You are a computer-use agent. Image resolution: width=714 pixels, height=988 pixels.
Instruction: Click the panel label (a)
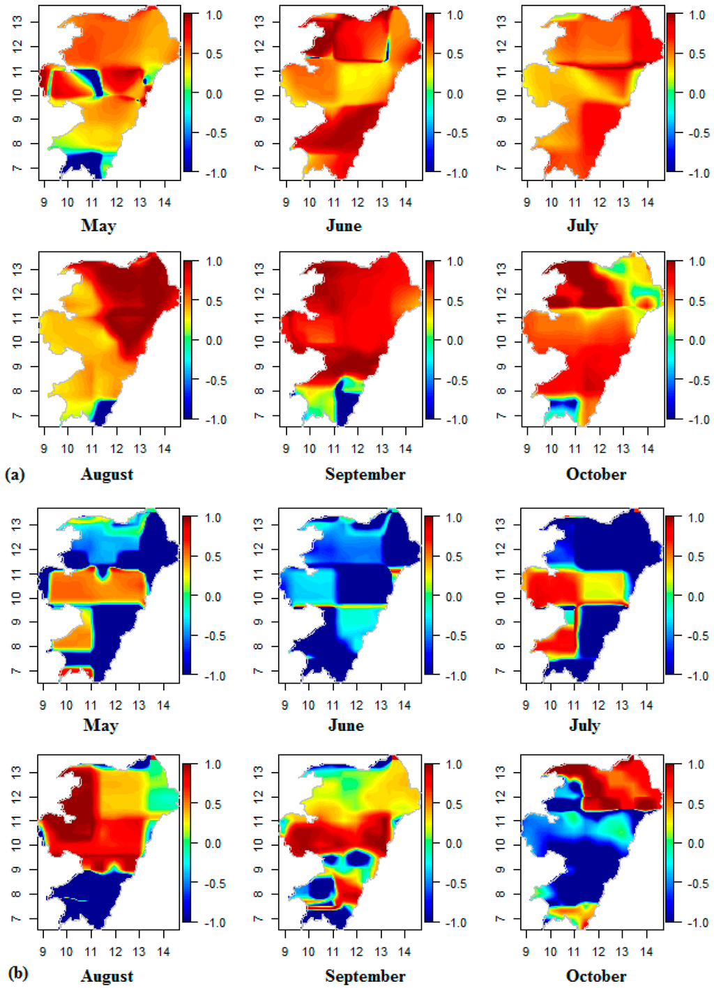point(15,474)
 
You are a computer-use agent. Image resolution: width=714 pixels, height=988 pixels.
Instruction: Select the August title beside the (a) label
point(107,474)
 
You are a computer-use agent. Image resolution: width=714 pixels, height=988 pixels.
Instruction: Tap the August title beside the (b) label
point(107,975)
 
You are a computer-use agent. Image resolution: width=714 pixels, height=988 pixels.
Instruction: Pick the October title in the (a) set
point(596,474)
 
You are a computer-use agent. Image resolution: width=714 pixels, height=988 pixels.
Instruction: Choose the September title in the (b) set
point(365,975)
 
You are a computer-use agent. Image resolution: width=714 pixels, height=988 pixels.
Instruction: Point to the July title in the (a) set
point(582,226)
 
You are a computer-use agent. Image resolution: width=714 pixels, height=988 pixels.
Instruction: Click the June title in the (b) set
point(346,725)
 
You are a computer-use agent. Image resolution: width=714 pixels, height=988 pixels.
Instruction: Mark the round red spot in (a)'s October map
point(648,302)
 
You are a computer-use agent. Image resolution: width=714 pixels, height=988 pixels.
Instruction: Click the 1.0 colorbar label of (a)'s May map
point(214,15)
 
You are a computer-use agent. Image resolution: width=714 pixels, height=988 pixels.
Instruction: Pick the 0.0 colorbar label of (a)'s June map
point(455,94)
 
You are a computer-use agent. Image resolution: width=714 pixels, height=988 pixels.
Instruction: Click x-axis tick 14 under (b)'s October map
point(646,952)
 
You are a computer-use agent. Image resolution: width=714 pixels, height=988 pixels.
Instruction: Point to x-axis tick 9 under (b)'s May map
point(43,705)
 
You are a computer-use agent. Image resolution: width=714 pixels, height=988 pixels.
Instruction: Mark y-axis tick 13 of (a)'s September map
point(259,268)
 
